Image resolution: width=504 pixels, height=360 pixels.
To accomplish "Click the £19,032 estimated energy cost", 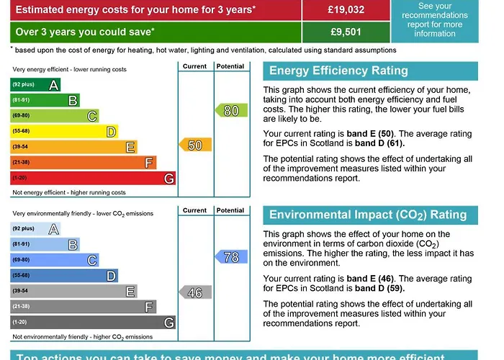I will coord(345,10).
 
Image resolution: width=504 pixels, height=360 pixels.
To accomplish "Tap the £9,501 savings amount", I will coord(345,32).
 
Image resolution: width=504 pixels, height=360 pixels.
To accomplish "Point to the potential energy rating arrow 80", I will coord(231,111).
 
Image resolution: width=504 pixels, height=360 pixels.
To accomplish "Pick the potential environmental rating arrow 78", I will coord(231,257).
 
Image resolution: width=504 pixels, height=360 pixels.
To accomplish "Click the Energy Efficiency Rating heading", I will coord(338,71).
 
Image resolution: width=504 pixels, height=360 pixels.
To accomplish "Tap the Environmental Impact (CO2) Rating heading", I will coord(367,215).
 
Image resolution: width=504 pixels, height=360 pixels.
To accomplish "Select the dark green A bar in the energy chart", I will coord(35,84).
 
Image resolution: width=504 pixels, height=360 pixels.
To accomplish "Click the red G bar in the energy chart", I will coord(92,179).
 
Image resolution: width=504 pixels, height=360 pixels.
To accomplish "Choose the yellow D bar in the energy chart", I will coord(63,132).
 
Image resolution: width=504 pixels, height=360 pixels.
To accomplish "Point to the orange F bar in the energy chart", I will coord(83,163).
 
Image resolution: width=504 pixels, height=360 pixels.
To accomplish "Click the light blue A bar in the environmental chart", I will coord(35,229).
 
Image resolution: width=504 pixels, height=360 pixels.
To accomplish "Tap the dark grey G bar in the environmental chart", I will coord(92,323).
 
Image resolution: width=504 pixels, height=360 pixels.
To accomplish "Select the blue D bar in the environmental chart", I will coord(63,276).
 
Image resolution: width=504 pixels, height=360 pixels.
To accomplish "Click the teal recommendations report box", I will coord(435,19).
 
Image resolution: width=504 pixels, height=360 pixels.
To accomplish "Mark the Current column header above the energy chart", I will coord(194,66).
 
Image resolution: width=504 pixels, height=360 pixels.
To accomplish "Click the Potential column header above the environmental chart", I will coord(230,210).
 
